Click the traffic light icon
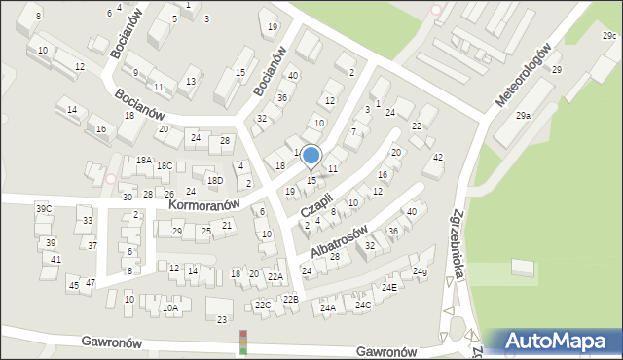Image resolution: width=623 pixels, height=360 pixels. pos(242,342)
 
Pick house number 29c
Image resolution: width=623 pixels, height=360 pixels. pos(608,36)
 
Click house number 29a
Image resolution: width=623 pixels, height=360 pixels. pos(524,116)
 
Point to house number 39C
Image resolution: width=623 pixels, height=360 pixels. pos(44,209)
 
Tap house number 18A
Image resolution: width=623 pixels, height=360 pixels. pos(143,160)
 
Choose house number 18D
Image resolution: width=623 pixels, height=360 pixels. pos(214,180)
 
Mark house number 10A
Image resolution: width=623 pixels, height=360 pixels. pos(170,308)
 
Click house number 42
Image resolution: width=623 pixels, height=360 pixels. pos(438,158)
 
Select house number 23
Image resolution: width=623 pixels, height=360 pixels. pos(221,319)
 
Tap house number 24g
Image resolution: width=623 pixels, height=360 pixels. pos(420,271)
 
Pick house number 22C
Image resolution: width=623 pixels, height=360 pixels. pos(263,306)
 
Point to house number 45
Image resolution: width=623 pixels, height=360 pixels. pos(73,285)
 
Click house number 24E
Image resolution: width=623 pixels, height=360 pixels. pos(388,288)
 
